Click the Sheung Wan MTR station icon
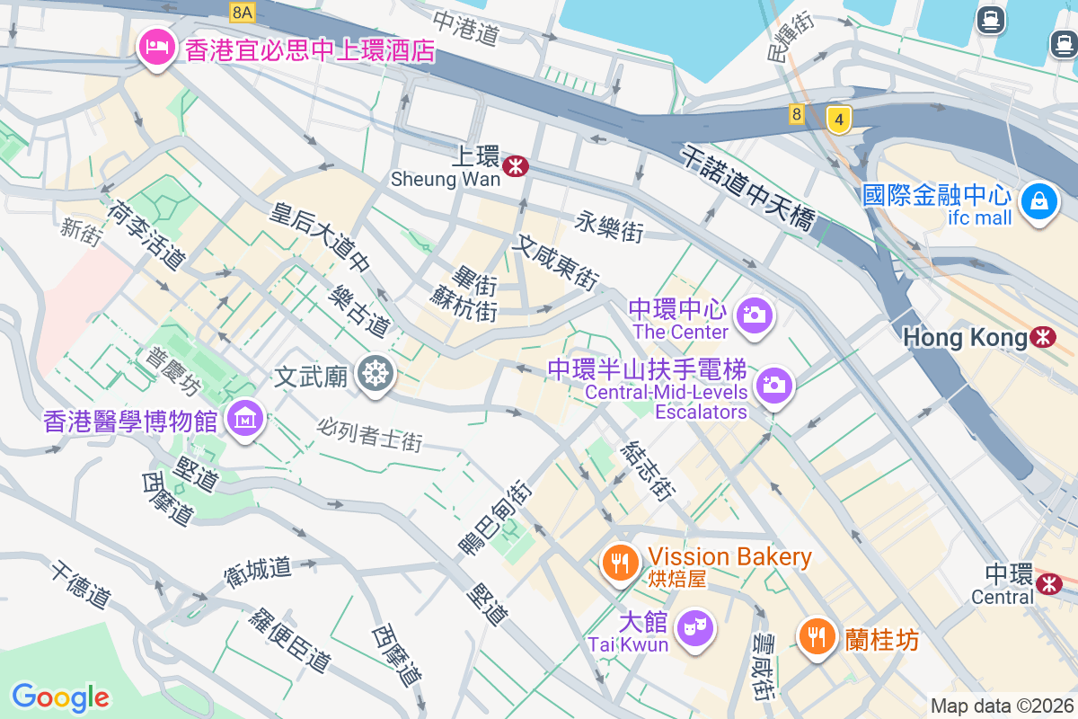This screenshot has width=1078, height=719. click(x=515, y=166)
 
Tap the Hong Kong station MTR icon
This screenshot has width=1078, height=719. click(x=1043, y=337)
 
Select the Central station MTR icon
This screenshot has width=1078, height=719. click(x=1048, y=583)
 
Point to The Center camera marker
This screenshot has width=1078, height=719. click(x=754, y=315)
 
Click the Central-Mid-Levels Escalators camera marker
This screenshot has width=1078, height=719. click(x=773, y=385)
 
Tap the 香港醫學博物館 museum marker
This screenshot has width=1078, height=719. click(x=245, y=418)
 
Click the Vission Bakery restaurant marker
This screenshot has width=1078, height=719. click(x=619, y=563)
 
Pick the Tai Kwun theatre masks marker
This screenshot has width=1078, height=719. click(x=694, y=626)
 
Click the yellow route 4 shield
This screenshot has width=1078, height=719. click(x=838, y=119)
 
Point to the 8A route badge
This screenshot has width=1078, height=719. click(x=243, y=12)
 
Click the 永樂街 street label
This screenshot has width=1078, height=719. click(x=610, y=227)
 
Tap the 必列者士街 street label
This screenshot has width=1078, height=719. click(x=369, y=436)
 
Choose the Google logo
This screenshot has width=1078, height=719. click(x=60, y=697)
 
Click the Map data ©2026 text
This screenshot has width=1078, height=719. click(x=1001, y=706)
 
